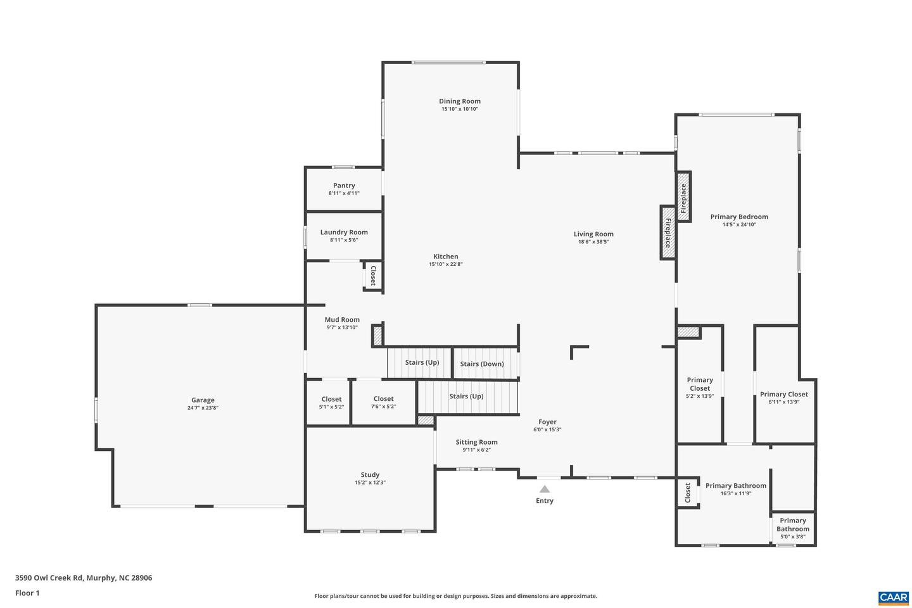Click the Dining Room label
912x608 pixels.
tap(460, 101)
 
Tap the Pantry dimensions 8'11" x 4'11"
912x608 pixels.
tap(344, 193)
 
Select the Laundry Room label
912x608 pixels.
tap(344, 232)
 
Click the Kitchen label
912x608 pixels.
tap(446, 256)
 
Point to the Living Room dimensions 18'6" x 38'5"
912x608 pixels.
tap(593, 242)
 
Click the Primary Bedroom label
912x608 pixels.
tap(739, 217)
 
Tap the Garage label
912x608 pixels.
tap(203, 400)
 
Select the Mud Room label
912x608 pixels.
tap(342, 320)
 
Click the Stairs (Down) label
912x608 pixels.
tap(482, 364)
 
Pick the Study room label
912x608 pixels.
tap(370, 475)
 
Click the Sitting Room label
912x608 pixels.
tap(476, 442)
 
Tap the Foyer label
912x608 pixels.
tap(547, 422)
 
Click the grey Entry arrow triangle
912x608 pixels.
tap(545, 489)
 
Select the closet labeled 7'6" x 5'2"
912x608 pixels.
tap(383, 402)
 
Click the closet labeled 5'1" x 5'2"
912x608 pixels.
tap(331, 402)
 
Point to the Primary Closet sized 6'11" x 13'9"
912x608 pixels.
tap(783, 398)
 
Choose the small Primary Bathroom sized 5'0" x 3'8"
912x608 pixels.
tap(793, 528)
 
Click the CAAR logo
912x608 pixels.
tap(893, 597)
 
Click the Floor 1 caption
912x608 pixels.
tap(27, 593)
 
